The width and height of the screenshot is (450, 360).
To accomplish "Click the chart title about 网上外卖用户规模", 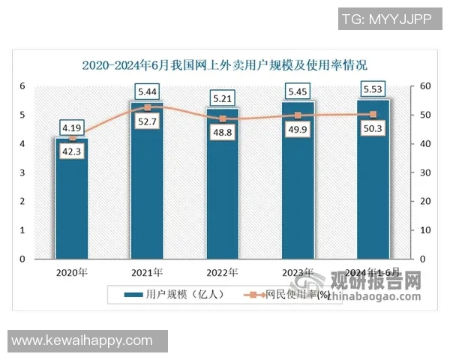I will [225, 65].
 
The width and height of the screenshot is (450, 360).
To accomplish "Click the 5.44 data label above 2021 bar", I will [147, 91].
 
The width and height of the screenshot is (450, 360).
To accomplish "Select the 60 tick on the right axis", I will [425, 87].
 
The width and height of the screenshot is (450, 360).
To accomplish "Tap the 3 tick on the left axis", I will [23, 172].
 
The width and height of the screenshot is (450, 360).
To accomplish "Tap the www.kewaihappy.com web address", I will [82, 340].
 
